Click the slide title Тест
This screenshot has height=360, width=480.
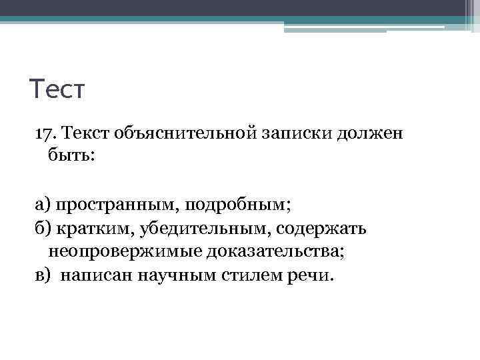[59, 88]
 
